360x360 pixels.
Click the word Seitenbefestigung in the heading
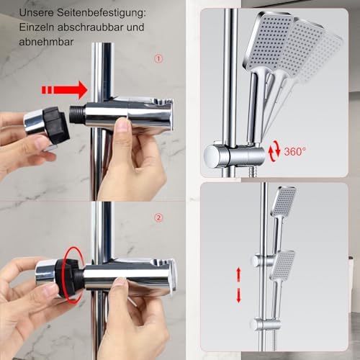tap(102, 13)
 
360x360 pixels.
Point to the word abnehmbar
tap(46, 42)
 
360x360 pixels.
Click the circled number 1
tap(158, 59)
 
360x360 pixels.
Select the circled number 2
tap(158, 217)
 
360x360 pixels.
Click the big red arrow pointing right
tap(64, 90)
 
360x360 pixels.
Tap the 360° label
tap(295, 151)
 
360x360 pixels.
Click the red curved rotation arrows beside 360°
tap(274, 152)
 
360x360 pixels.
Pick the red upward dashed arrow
tap(238, 274)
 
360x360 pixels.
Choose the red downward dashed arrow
tap(238, 295)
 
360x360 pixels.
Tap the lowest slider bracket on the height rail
tap(266, 324)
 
